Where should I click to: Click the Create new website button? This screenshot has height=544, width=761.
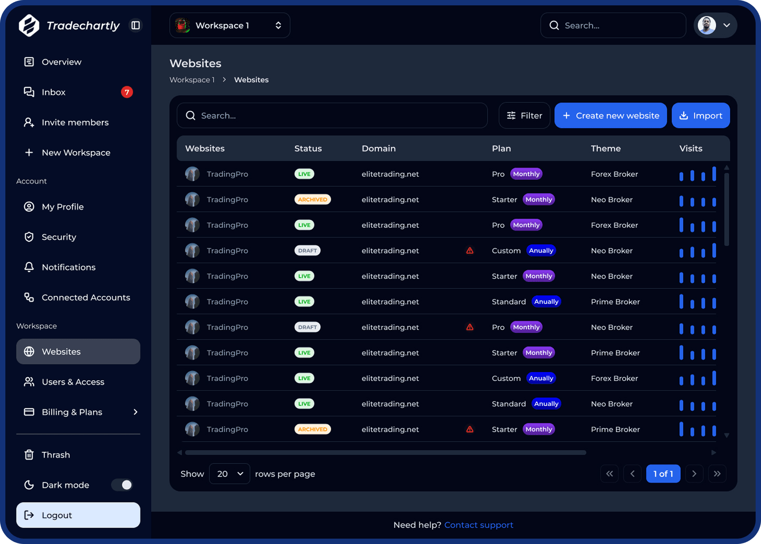point(610,116)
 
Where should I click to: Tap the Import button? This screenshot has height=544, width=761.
point(700,116)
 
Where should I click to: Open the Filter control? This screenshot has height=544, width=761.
point(524,116)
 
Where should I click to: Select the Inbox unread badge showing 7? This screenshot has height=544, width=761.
point(127,92)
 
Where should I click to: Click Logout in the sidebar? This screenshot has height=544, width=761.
point(78,515)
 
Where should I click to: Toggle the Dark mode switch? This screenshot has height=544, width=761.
point(122,485)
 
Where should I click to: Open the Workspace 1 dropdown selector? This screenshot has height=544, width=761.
point(230,25)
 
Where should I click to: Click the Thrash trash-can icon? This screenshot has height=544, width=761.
point(29,455)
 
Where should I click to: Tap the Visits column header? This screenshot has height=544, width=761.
point(690,148)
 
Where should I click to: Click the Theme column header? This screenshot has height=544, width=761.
point(606,148)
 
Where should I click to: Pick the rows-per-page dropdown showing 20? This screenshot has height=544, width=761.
point(230,474)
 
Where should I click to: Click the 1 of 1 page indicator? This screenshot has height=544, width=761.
point(663,474)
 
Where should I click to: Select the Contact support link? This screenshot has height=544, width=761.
point(479,525)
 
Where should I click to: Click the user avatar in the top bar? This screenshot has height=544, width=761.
point(707,25)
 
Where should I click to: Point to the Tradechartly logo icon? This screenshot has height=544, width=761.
point(29,25)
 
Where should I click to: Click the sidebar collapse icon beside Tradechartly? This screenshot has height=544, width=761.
point(136,25)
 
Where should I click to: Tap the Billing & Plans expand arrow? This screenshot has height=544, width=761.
point(135,412)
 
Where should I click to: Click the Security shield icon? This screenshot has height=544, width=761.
point(29,237)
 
